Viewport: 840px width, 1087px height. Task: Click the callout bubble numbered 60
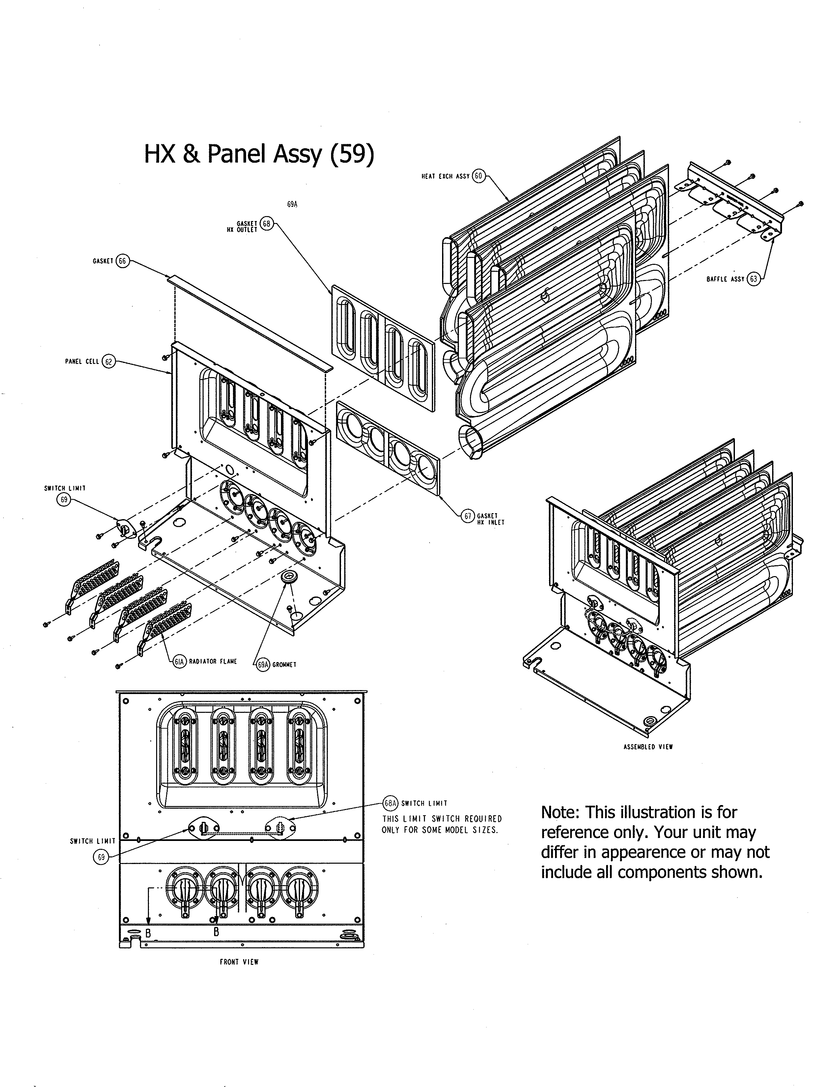click(478, 176)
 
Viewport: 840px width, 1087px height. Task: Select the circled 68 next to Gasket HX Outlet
click(267, 224)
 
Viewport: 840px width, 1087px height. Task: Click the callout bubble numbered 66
click(123, 261)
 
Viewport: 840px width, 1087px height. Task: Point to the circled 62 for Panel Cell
click(108, 361)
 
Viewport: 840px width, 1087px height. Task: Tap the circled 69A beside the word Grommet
click(263, 664)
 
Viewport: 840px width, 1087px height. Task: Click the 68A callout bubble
click(391, 803)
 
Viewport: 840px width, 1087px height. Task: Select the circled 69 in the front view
click(101, 857)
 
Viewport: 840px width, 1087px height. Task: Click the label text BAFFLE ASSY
click(726, 279)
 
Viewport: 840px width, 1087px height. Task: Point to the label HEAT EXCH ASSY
click(445, 176)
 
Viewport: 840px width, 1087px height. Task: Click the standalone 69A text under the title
click(292, 205)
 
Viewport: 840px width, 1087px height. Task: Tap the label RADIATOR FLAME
click(213, 661)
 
